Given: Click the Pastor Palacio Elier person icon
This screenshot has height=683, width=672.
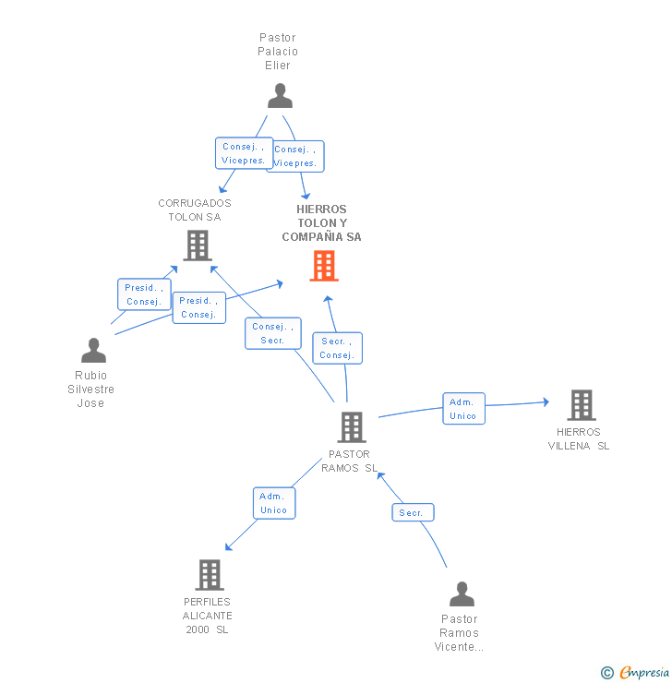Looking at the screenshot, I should [x=280, y=96].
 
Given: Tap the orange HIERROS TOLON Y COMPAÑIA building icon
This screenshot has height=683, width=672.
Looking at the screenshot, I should [x=323, y=266].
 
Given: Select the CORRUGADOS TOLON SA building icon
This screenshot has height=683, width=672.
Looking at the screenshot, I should [x=197, y=246].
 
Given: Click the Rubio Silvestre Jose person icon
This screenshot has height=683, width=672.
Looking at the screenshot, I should [x=93, y=351].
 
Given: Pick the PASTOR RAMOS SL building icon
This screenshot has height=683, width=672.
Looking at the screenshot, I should [x=351, y=427].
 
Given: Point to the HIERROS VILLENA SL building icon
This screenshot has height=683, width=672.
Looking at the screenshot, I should [x=581, y=404].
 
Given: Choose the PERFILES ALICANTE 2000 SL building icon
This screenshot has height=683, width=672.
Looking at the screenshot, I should [x=210, y=574].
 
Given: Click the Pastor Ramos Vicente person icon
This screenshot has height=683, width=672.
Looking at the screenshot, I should [x=462, y=594].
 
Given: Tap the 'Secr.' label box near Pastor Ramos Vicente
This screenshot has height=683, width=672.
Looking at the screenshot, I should [x=413, y=512].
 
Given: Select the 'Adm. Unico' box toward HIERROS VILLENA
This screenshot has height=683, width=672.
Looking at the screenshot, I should [x=463, y=409].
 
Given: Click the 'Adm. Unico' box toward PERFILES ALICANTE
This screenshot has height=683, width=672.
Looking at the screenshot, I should [x=274, y=503].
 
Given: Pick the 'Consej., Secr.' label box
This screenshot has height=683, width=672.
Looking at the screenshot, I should [x=272, y=333].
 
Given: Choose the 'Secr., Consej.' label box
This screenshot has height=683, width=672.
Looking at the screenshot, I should [x=337, y=348].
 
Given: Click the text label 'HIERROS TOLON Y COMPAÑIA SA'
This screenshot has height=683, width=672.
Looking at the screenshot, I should [x=321, y=223].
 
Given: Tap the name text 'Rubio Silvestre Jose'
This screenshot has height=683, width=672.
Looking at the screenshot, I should [x=91, y=389].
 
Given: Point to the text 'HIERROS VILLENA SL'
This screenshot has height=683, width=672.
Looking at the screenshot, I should [x=579, y=439].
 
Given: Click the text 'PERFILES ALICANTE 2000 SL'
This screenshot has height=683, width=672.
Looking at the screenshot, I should [x=207, y=616].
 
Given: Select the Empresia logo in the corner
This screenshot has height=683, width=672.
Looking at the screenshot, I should [x=636, y=673].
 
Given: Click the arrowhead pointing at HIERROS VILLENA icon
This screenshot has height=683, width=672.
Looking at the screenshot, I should [x=546, y=401].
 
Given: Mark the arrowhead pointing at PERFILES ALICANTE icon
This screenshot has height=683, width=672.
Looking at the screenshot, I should [x=228, y=547].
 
